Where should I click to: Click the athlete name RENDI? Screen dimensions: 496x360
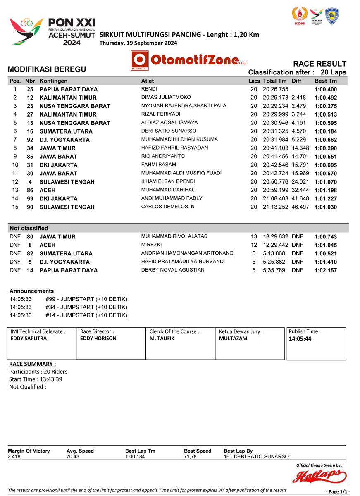coord(149,89)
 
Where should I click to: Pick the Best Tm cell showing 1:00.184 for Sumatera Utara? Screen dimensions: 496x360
coord(326,131)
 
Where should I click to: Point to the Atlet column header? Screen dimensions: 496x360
coord(147,81)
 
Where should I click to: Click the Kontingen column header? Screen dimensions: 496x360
coord(53,81)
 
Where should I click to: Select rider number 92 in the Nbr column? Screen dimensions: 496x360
coord(30,140)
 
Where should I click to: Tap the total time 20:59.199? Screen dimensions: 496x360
coord(275,190)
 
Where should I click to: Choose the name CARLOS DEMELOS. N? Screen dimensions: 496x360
coord(168,207)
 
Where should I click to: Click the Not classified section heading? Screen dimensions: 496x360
coord(29,228)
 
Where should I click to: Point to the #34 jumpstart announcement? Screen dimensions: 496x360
coord(86,307)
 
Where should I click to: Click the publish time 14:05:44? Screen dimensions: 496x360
coord(300,339)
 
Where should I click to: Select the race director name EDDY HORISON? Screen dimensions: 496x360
coord(98,338)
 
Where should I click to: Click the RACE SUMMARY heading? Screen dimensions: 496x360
coord(32,364)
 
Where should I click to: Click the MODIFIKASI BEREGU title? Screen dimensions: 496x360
coord(47,69)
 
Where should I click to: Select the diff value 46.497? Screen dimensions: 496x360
coord(300,207)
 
